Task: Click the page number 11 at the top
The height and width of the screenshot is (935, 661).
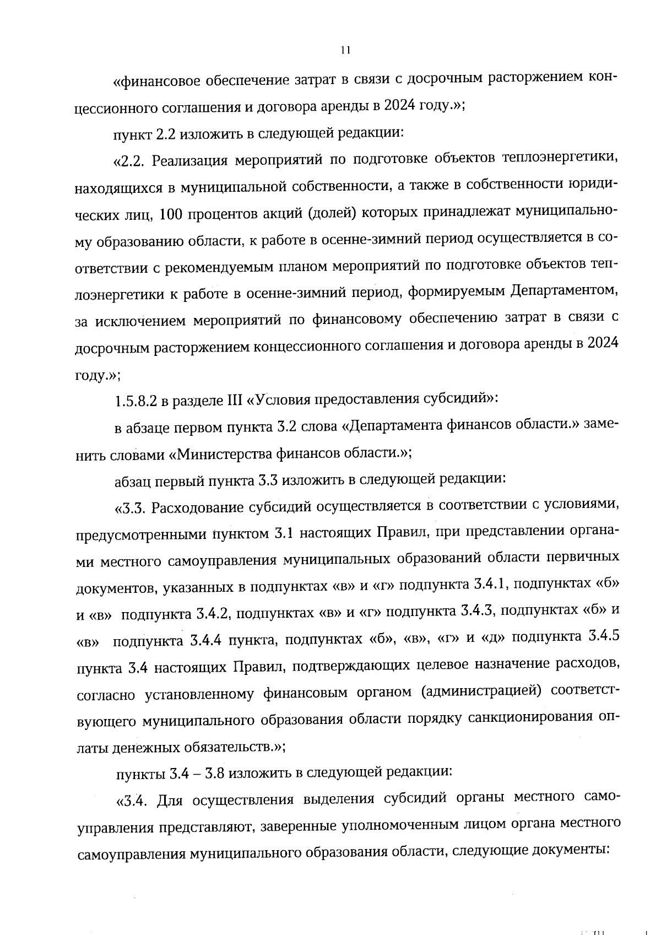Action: coord(345,51)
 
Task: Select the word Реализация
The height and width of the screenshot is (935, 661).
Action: coord(189,161)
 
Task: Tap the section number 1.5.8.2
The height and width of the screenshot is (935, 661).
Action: coord(135,402)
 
